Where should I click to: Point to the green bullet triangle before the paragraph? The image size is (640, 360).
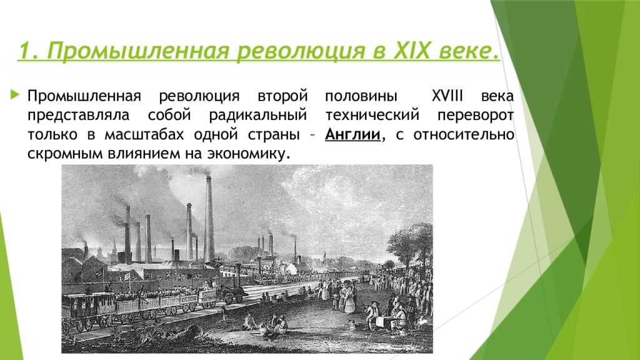[16, 96]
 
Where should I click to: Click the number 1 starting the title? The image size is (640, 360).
[22, 50]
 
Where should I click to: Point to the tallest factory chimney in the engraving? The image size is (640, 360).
[209, 219]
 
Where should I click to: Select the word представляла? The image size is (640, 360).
[78, 116]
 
